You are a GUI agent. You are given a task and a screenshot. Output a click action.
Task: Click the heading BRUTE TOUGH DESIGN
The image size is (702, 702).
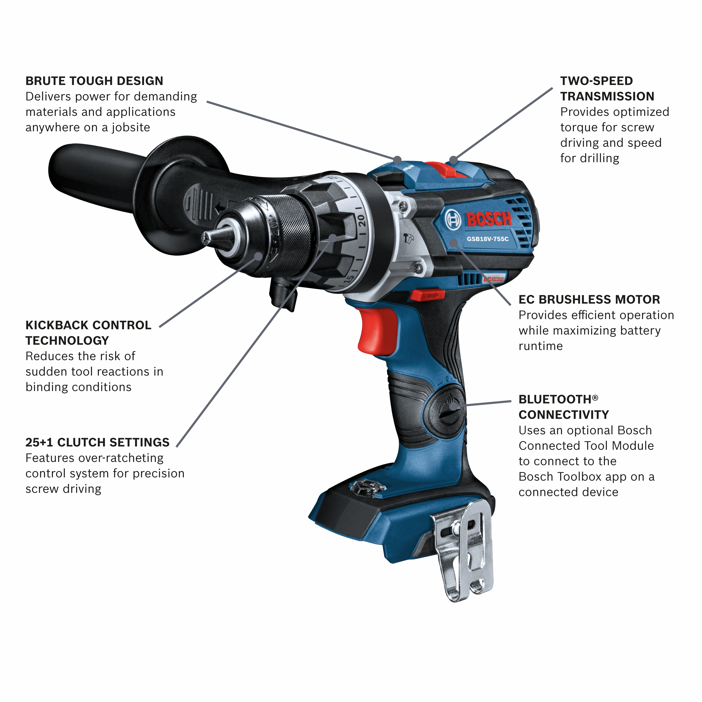point(94,81)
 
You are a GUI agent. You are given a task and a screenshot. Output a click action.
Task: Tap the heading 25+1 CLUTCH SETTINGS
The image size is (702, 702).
point(97,442)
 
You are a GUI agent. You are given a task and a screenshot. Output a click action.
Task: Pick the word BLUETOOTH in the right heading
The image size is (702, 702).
point(555,399)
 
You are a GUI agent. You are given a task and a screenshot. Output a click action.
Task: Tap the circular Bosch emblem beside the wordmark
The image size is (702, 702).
point(453,219)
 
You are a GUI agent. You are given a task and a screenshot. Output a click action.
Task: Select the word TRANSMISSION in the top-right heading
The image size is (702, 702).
point(607,96)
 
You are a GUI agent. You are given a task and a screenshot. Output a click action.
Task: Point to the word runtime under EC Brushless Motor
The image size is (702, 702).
point(540,346)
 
